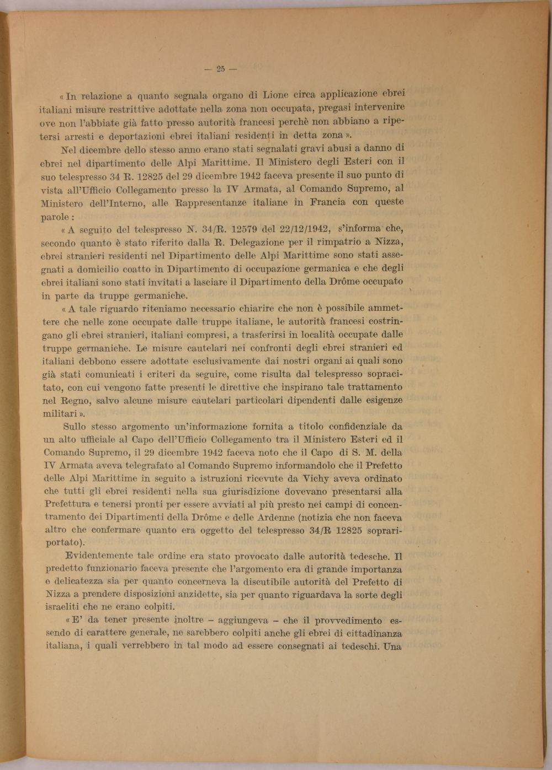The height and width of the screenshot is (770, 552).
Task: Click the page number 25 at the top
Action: [220, 69]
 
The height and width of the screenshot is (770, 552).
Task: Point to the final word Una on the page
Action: [393, 646]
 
